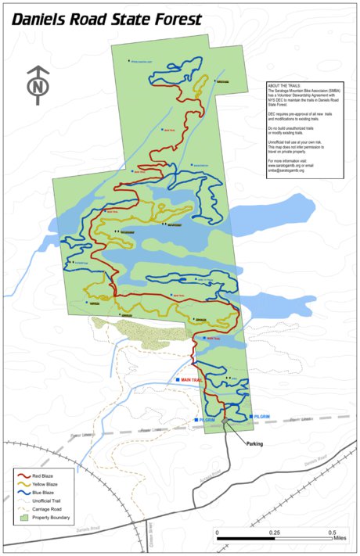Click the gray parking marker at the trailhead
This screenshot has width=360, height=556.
click(x=226, y=421)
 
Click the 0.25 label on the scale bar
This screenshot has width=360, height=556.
click(x=274, y=533)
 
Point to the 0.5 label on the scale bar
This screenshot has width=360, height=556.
click(x=332, y=533)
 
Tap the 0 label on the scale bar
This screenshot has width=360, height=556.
click(x=217, y=533)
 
